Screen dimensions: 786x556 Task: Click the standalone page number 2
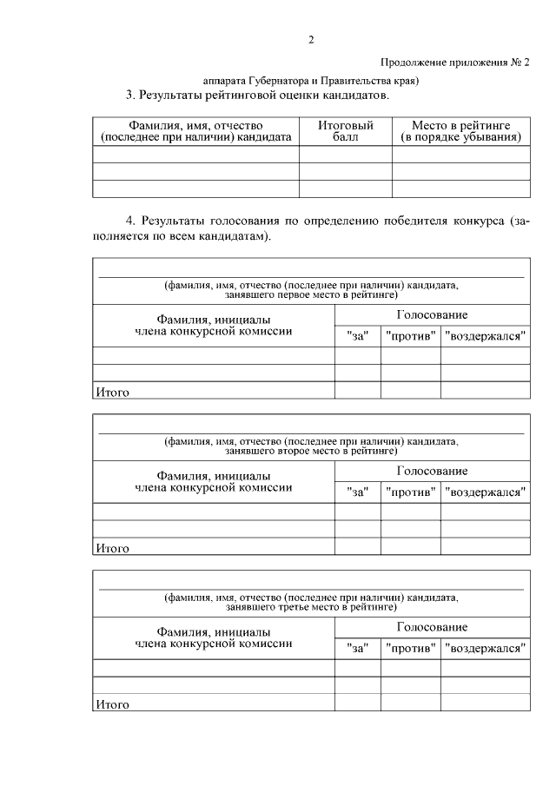(x=311, y=41)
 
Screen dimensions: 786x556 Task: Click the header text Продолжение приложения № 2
(x=454, y=63)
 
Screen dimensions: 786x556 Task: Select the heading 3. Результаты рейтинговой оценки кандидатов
(x=258, y=95)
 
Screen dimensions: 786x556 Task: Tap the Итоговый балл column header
(x=345, y=131)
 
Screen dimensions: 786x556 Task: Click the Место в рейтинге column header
(x=460, y=131)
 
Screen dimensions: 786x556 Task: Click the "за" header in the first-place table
(x=357, y=336)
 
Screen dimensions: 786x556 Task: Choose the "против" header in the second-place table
(x=410, y=492)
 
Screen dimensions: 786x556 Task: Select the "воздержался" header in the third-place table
(x=485, y=649)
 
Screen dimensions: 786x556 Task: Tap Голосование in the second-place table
(x=432, y=471)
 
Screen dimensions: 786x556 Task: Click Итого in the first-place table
(x=112, y=393)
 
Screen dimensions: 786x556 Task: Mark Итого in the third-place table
(x=112, y=704)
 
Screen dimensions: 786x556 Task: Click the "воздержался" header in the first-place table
(x=485, y=336)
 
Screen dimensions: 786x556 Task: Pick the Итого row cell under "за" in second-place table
(x=357, y=547)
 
